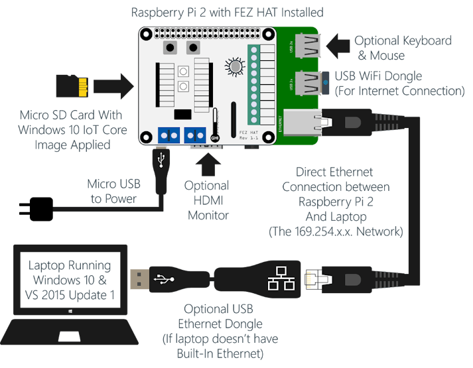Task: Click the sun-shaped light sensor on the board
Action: (234, 66)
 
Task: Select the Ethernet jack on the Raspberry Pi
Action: (304, 120)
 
